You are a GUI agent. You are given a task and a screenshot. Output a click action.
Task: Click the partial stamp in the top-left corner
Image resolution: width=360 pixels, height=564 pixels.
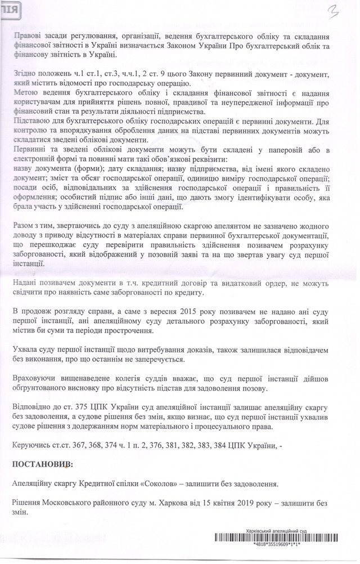pyautogui.click(x=8, y=10)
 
